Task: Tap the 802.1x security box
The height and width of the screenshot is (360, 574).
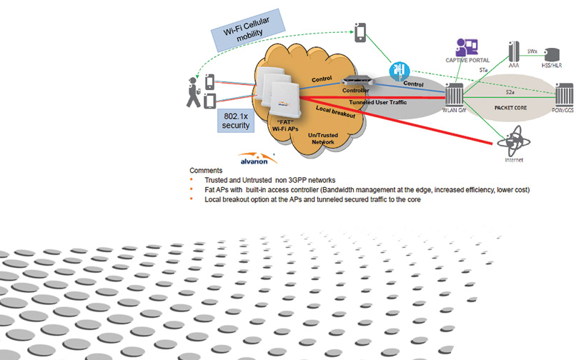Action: [x=236, y=120]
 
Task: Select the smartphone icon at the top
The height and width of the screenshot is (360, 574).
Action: [x=362, y=31]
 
